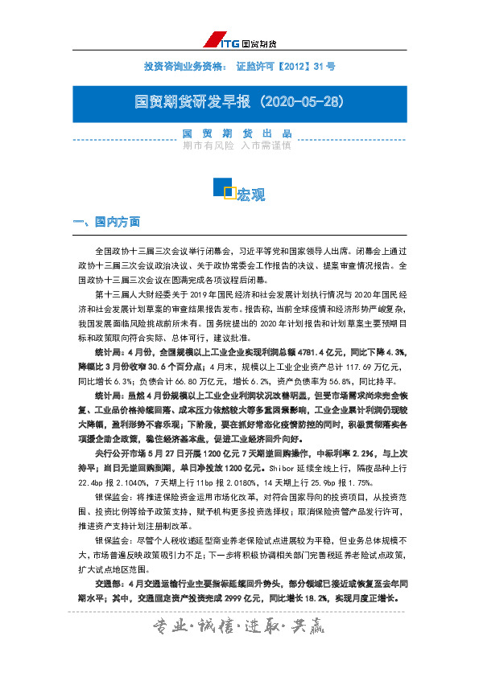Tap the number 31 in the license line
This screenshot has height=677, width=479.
pyautogui.click(x=316, y=67)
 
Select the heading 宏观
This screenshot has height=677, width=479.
pyautogui.click(x=251, y=195)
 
